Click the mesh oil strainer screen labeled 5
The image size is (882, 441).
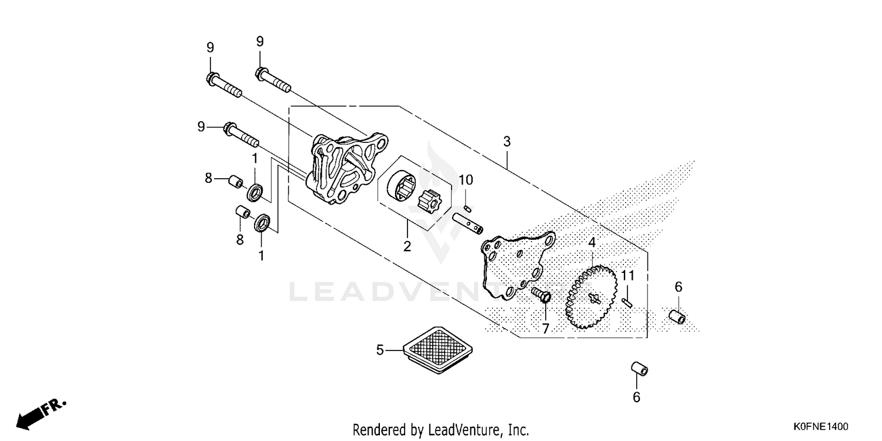pyautogui.click(x=438, y=350)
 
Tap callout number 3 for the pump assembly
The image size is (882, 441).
pyautogui.click(x=507, y=141)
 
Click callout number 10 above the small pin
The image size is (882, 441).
pyautogui.click(x=466, y=180)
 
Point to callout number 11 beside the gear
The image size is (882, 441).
pyautogui.click(x=628, y=276)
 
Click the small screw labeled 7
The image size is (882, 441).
pyautogui.click(x=541, y=295)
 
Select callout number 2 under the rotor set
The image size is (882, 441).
pyautogui.click(x=407, y=246)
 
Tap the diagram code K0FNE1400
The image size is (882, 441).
pyautogui.click(x=821, y=426)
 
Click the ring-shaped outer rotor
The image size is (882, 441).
pyautogui.click(x=401, y=185)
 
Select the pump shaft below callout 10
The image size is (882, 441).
pyautogui.click(x=467, y=223)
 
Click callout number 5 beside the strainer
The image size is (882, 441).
pyautogui.click(x=380, y=350)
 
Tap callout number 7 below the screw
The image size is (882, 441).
pyautogui.click(x=545, y=328)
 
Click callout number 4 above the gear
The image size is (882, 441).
pyautogui.click(x=592, y=242)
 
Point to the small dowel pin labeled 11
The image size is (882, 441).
pyautogui.click(x=627, y=302)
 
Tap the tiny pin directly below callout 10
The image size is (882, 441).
pyautogui.click(x=467, y=209)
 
